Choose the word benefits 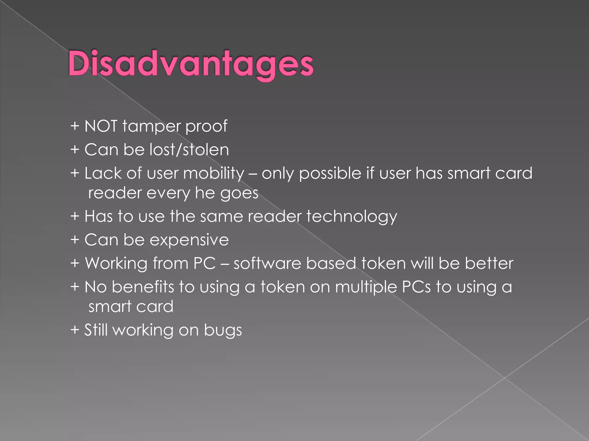[143, 287]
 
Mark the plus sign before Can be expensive [75, 240]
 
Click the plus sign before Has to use [75, 216]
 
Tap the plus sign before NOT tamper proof [75, 126]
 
